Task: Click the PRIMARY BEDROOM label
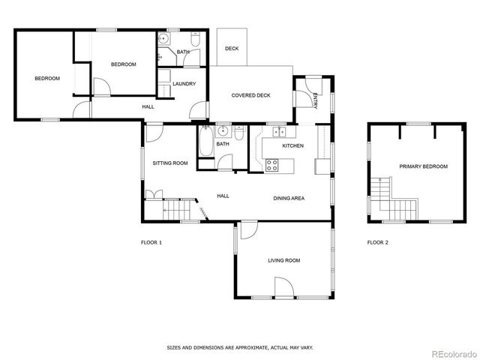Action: [423, 166]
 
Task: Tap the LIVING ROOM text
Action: [284, 260]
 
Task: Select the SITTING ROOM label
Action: [170, 163]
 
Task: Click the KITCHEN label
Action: [292, 145]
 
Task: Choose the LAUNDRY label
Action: [184, 83]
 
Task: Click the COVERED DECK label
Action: [250, 95]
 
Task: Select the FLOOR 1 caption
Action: [151, 242]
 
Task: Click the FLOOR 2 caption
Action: [377, 242]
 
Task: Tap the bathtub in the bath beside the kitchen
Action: [206, 143]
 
